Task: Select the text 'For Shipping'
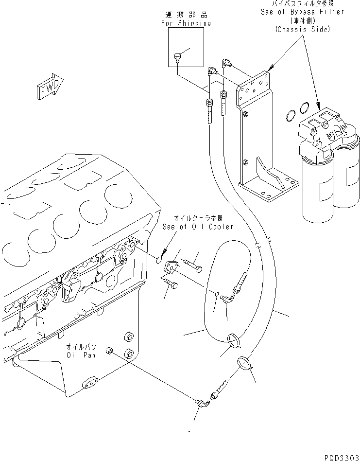(186, 23)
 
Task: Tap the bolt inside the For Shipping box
(178, 59)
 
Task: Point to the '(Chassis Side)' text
(302, 29)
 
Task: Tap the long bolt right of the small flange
(190, 264)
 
